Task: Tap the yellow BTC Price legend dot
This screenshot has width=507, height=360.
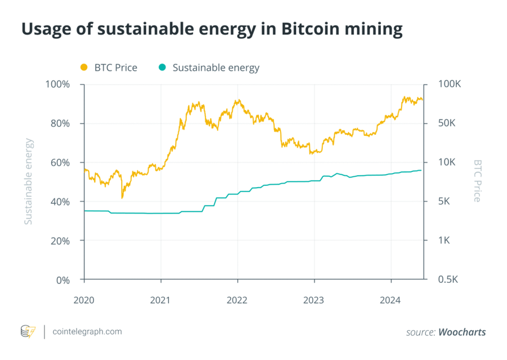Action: (84, 68)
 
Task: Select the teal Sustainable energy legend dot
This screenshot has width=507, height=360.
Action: (162, 68)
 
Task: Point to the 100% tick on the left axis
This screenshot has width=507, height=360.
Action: (57, 85)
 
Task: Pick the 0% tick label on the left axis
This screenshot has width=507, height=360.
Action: (63, 280)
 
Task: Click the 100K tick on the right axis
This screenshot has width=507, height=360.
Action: (450, 85)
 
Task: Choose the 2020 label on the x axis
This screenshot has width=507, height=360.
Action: (84, 300)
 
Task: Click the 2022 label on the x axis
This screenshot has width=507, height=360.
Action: (237, 300)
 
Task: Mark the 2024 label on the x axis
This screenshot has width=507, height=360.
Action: (390, 300)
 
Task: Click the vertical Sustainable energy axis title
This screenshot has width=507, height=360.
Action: (29, 181)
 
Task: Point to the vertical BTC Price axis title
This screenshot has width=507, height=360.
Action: (477, 181)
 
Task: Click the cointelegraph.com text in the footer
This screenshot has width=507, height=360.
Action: (86, 331)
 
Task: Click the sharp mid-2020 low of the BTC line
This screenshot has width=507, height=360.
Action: (122, 198)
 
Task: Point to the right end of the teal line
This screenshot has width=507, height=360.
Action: (421, 170)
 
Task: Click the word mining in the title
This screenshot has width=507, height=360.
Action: (375, 29)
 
